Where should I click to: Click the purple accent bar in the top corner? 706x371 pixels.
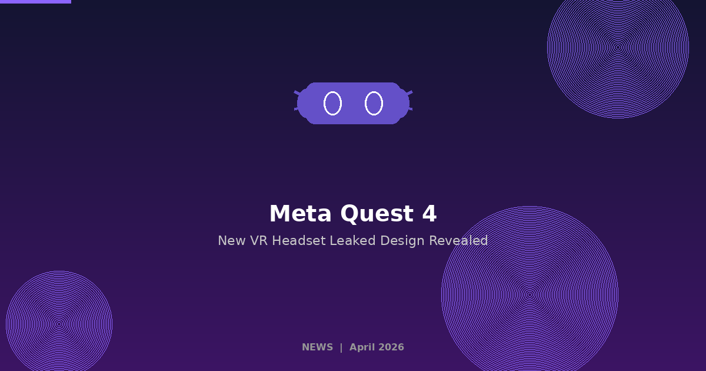coord(35,2)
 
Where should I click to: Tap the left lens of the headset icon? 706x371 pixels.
coord(332,103)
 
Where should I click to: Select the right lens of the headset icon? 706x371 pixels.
coord(374,103)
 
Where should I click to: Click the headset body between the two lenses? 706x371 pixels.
coord(353,103)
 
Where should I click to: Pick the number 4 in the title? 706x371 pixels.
coord(429,214)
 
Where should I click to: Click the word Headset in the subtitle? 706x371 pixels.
coord(298,241)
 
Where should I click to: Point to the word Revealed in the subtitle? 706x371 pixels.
coord(458,241)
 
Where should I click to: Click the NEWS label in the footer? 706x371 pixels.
coord(317,347)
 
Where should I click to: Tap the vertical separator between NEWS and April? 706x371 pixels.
coord(341,347)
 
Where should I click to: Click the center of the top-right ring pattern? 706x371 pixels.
coord(618,47)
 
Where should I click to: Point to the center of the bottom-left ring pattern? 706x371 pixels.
coord(59,324)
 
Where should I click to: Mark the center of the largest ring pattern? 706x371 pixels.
coord(529,294)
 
